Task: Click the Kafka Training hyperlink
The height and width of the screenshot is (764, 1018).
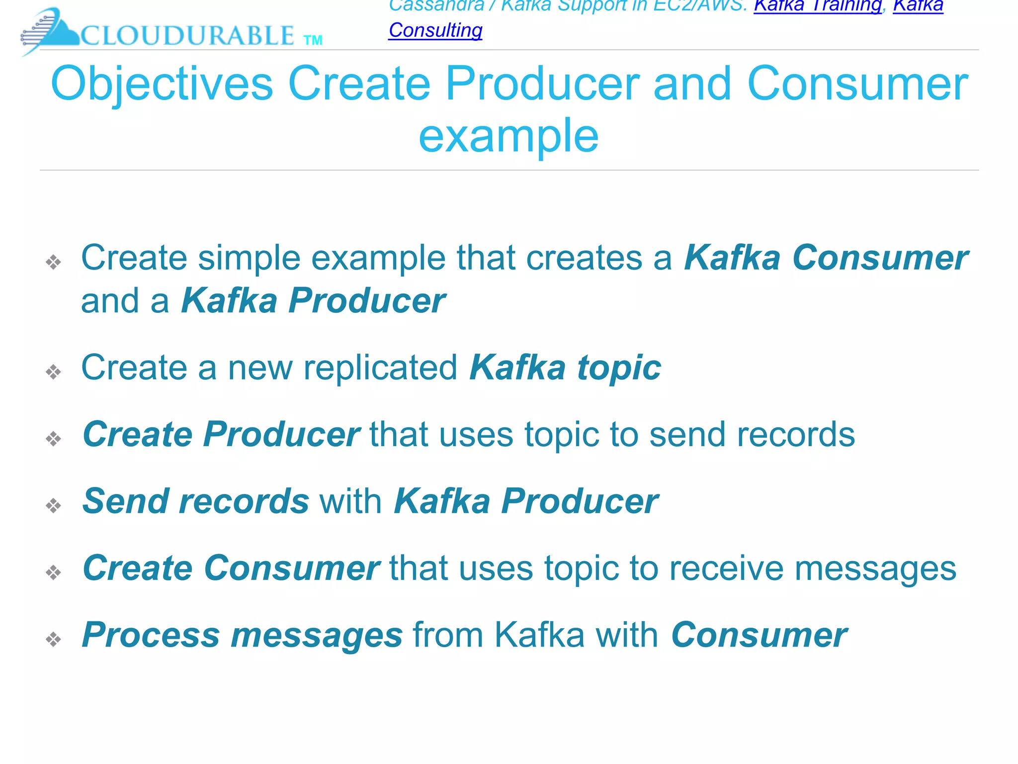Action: [817, 6]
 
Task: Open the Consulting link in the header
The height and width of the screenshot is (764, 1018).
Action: [435, 30]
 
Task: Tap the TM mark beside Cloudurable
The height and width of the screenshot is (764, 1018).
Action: [313, 40]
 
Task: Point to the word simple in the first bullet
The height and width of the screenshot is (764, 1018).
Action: [249, 258]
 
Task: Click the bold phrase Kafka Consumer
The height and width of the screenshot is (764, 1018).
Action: [826, 258]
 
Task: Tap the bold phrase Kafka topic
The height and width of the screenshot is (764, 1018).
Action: [565, 368]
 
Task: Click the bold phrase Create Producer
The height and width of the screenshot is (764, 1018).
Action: [221, 434]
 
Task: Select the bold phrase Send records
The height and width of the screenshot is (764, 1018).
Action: [196, 501]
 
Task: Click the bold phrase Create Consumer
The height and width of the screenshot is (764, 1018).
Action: [231, 568]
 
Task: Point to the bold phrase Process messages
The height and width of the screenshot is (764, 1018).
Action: [242, 635]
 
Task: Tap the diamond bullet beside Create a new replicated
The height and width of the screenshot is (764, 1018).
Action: [53, 372]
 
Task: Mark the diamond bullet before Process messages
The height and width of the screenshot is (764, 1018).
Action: [53, 639]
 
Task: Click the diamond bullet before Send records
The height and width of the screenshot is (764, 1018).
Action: [53, 505]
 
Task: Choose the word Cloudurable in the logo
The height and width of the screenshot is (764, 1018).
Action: [187, 36]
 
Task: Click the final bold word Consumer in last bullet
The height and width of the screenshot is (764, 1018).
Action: [759, 635]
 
